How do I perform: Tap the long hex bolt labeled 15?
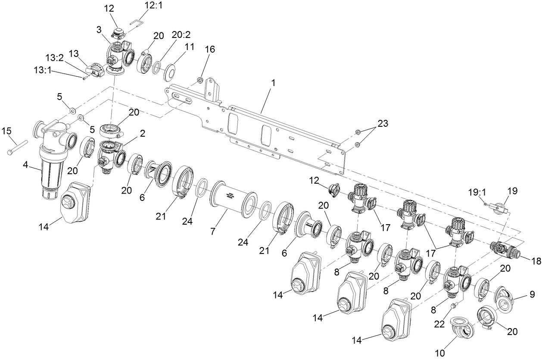18,146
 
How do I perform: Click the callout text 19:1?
477,191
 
